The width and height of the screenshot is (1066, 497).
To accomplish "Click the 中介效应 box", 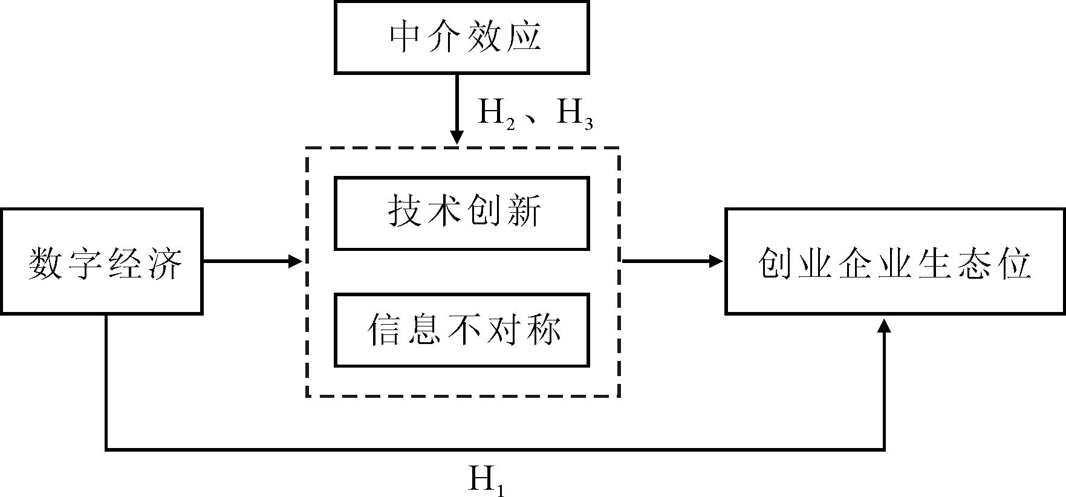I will (461, 37).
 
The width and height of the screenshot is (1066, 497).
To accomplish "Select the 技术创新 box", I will (461, 213).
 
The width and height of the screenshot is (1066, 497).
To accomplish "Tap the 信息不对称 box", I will (461, 330).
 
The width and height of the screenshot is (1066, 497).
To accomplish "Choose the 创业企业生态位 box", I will (895, 261).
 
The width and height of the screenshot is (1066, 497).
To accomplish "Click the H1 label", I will (487, 481).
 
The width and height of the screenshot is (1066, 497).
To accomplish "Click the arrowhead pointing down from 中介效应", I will (457, 138).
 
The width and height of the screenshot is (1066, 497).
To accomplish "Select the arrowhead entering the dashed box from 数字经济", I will (295, 261).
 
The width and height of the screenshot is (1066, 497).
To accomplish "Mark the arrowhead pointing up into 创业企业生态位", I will (885, 325).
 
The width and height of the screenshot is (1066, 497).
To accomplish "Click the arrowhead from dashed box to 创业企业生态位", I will (717, 261).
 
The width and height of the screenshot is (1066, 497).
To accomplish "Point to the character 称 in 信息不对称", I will (542, 330).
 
